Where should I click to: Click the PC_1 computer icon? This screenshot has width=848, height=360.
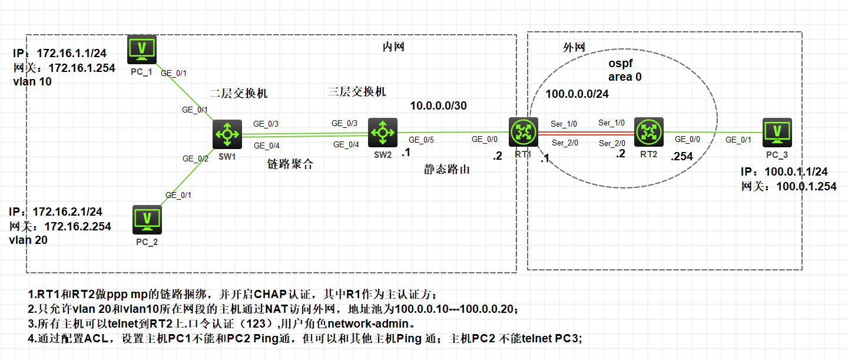point(142,49)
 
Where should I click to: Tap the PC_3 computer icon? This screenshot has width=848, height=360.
point(777,133)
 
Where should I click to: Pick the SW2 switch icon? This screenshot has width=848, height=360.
point(383,133)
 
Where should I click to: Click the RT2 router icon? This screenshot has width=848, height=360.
point(648,132)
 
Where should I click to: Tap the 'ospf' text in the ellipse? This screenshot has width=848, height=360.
point(620,64)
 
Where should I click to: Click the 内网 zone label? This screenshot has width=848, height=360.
point(393,47)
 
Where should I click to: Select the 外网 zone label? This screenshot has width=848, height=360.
point(574,47)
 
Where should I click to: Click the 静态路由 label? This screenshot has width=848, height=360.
point(448,170)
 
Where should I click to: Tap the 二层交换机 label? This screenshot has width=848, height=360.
point(238,94)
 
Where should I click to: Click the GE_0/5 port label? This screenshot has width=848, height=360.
point(421,140)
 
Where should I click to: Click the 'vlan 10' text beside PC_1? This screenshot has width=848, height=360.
point(32,81)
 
